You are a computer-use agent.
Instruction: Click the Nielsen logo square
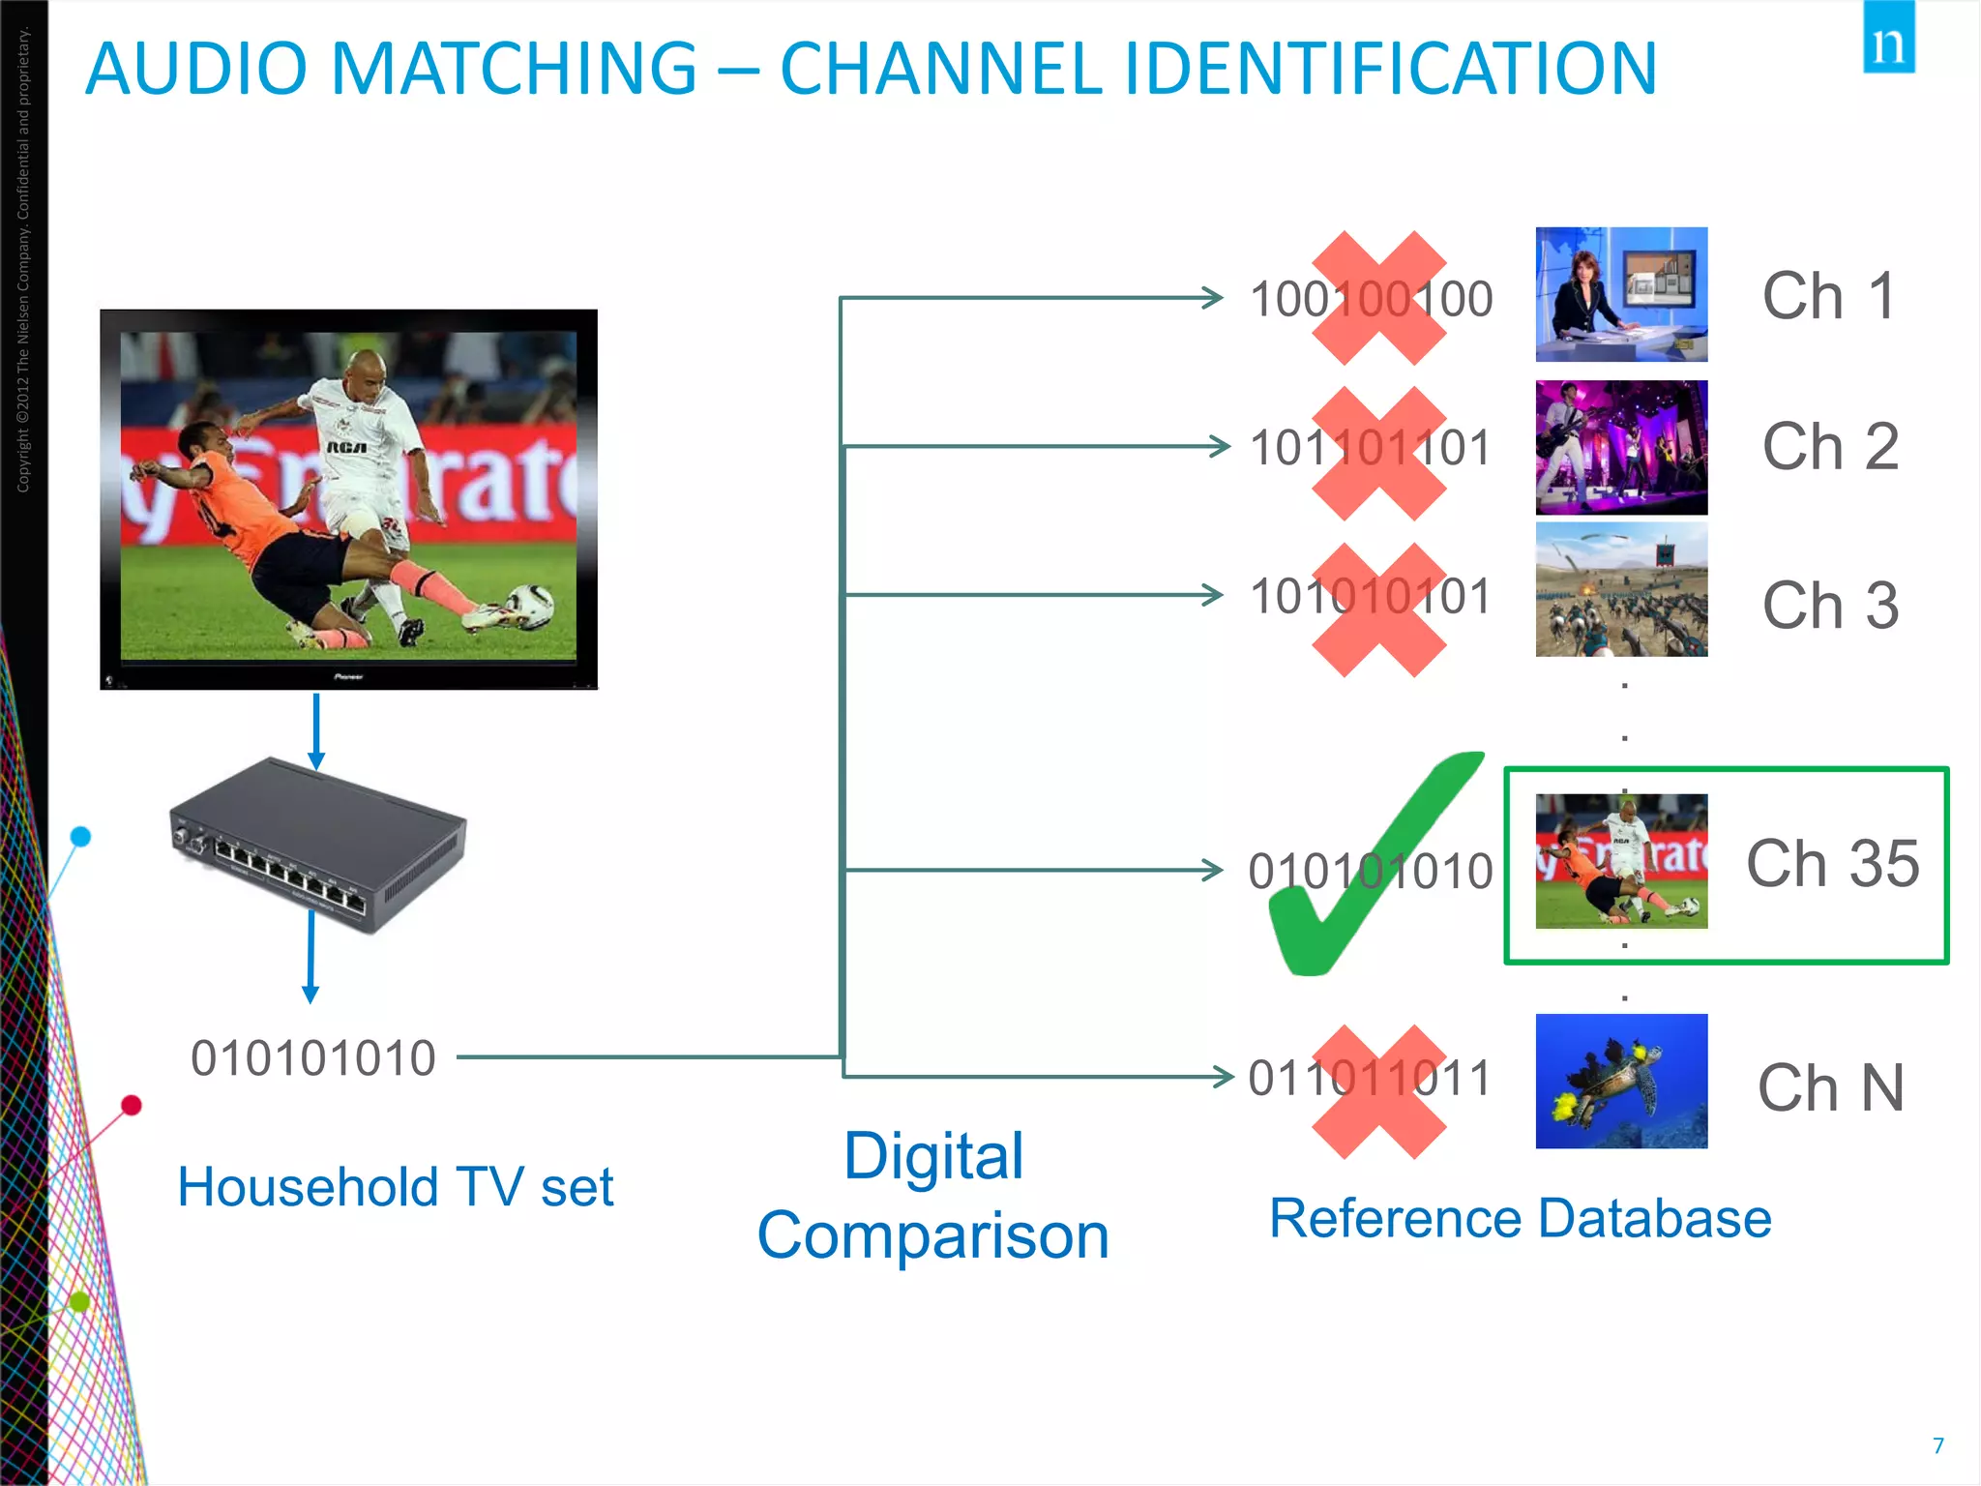[1888, 39]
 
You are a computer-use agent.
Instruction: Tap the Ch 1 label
[1828, 296]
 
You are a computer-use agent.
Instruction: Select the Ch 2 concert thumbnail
[1621, 447]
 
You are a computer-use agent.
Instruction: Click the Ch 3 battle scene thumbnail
[1621, 590]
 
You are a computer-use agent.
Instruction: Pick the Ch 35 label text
[1832, 863]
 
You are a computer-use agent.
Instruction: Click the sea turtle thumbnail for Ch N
[1621, 1082]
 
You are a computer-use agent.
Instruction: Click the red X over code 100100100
[1378, 298]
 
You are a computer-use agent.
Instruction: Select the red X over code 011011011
[1378, 1091]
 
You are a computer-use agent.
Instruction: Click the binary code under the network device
[312, 1058]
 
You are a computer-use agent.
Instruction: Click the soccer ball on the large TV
[530, 606]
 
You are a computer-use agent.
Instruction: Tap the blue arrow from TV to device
[315, 730]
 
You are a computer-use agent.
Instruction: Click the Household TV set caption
[395, 1187]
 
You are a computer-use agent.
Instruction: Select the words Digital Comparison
[932, 1196]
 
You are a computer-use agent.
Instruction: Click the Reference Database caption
[1520, 1218]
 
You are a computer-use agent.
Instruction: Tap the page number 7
[1937, 1445]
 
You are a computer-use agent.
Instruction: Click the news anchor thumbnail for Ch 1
[1621, 295]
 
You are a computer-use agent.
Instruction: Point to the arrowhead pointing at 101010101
[1211, 594]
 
